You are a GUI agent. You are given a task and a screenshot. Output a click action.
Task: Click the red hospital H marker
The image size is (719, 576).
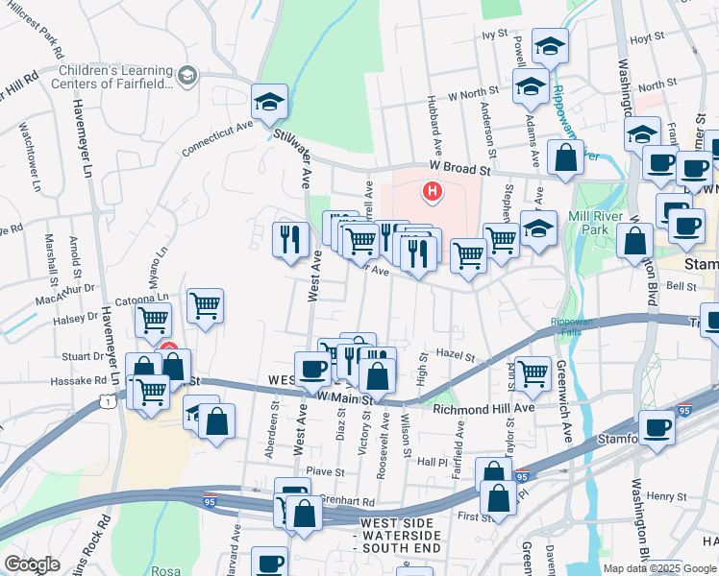[x=433, y=192]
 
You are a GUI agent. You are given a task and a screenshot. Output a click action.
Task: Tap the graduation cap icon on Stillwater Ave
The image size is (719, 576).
[x=270, y=101]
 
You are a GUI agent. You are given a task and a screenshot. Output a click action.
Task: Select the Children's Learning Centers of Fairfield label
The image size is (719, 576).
[x=115, y=76]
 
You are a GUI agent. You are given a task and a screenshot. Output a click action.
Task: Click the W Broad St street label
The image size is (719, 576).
[x=459, y=167]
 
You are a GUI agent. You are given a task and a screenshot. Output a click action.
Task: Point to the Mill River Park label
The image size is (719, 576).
[x=590, y=223]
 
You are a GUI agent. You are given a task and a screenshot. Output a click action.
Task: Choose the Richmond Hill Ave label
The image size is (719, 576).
[x=483, y=408]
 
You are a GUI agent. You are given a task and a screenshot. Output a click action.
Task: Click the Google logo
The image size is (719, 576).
[x=32, y=564]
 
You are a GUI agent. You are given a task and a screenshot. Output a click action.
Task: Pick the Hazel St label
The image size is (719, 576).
[x=455, y=355]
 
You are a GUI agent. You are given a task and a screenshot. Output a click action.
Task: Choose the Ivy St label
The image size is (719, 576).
[x=494, y=34]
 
